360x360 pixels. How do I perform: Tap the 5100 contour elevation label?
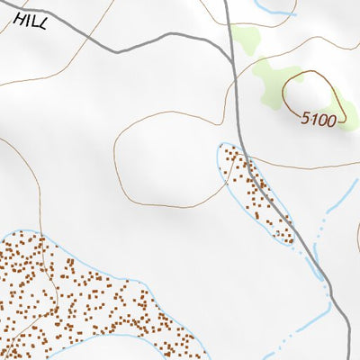point(319,119)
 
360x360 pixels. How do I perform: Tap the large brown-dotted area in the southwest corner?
point(81,297)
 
